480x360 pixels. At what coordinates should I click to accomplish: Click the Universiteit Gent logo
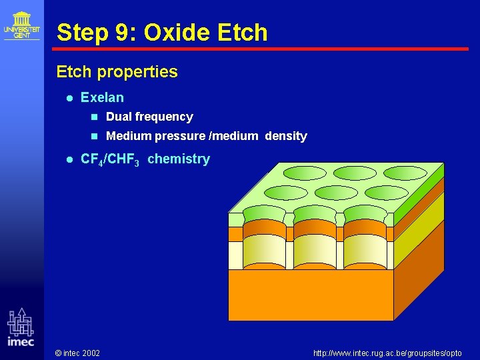[21, 25]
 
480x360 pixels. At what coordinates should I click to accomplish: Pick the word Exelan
[102, 97]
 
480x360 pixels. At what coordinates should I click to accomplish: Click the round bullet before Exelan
[69, 98]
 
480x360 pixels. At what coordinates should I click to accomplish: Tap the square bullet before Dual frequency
[94, 117]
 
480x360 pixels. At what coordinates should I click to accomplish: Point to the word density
[285, 136]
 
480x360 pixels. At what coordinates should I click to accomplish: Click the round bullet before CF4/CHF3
[69, 159]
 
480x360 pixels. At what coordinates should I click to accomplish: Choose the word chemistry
[178, 159]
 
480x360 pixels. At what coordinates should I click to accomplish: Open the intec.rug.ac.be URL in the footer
[387, 353]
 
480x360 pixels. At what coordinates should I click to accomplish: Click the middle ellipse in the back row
[355, 173]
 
